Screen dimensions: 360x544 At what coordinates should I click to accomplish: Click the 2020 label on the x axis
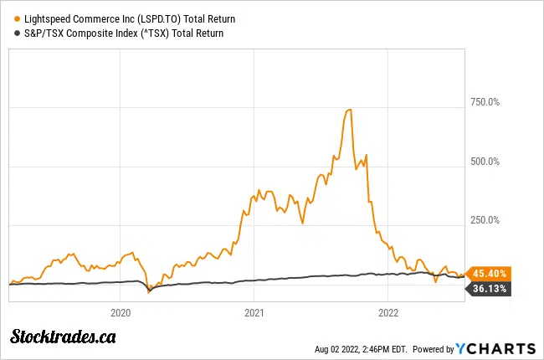pos(121,312)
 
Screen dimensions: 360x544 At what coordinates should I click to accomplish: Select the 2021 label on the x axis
pos(254,312)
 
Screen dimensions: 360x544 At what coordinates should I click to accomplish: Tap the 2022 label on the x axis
pos(387,312)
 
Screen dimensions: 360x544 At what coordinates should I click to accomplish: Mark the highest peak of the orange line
pos(349,110)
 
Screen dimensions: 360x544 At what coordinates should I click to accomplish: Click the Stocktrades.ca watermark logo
pos(63,337)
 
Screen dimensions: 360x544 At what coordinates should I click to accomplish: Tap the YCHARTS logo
pos(495,348)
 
